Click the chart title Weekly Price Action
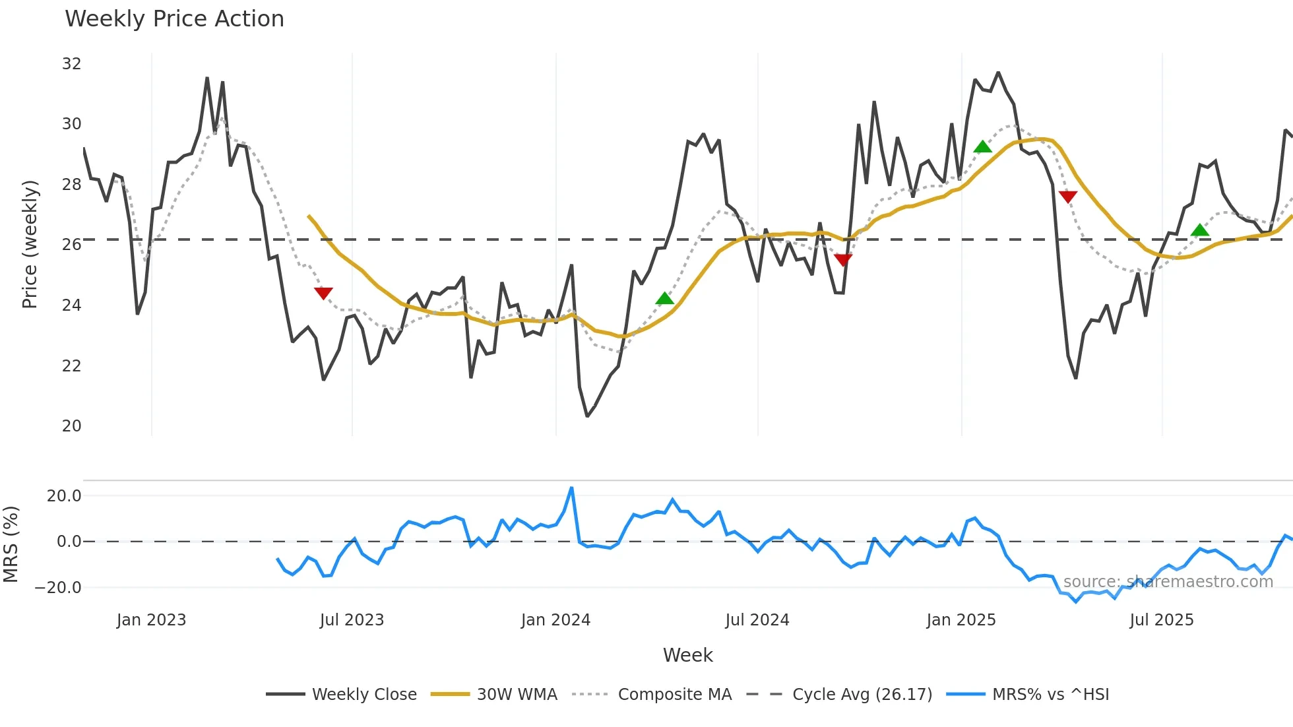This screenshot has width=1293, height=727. (x=174, y=19)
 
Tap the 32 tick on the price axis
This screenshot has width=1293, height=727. (x=71, y=64)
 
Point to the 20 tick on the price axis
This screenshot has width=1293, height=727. (x=71, y=426)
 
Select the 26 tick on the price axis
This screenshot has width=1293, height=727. (x=71, y=245)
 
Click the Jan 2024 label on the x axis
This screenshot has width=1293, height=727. (x=555, y=620)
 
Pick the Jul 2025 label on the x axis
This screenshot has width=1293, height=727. (x=1161, y=620)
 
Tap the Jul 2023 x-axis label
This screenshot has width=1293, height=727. (x=352, y=620)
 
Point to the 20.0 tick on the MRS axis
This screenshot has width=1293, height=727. (x=63, y=496)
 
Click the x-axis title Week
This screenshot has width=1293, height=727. (x=687, y=655)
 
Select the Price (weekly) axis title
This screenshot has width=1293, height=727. (x=30, y=244)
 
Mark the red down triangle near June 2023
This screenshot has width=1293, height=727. (x=323, y=293)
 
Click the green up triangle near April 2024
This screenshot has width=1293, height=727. (x=664, y=299)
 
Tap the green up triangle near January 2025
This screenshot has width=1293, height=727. (x=982, y=146)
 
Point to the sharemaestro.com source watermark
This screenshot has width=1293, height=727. (x=1168, y=582)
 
